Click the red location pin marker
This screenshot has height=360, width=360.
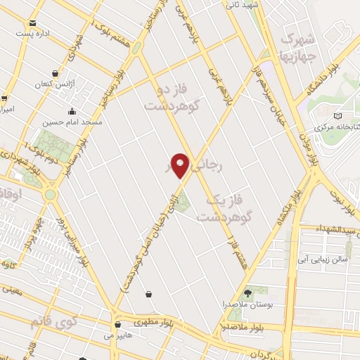pyautogui.click(x=181, y=165)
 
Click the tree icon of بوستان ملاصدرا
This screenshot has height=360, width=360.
pyautogui.click(x=247, y=292)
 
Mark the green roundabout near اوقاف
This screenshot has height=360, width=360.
pyautogui.click(x=50, y=194)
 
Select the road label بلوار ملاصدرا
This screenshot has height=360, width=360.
pyautogui.click(x=241, y=328)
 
